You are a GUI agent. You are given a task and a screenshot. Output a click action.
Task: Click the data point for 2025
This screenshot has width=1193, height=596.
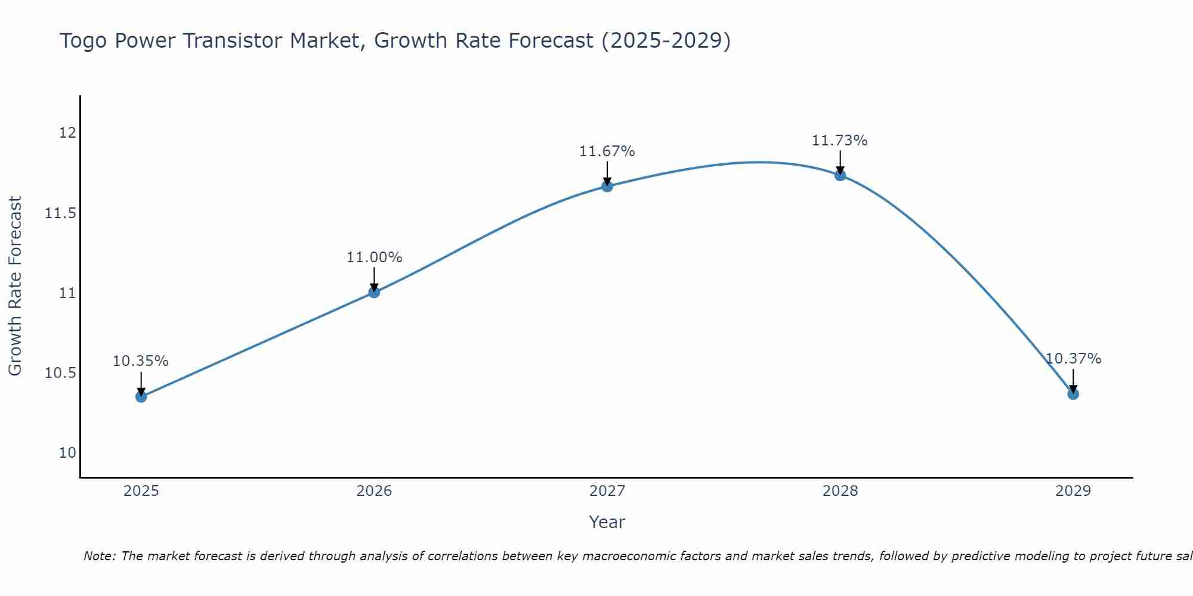point(141,396)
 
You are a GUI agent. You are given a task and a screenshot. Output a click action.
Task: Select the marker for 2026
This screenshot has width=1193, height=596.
point(374,292)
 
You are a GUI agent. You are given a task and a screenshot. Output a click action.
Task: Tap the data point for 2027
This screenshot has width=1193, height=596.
point(607,186)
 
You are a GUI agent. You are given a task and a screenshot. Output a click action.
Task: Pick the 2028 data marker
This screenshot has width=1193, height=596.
point(840,175)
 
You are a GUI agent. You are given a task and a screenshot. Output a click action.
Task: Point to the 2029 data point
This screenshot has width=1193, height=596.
point(1073,394)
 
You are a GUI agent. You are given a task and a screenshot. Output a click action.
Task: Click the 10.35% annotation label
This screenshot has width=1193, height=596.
point(141,361)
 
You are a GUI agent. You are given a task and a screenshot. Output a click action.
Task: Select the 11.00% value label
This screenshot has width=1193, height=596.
point(374,257)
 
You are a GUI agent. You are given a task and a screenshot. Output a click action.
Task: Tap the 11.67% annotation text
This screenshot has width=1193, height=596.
point(607,151)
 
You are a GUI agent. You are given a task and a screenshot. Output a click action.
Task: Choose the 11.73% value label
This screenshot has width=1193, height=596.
point(840,141)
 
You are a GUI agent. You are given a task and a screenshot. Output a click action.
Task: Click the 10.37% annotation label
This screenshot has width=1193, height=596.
point(1073,359)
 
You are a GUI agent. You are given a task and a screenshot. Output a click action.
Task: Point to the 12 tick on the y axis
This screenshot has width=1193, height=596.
point(67,132)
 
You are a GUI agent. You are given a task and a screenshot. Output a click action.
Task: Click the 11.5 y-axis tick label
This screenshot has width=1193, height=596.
point(60,213)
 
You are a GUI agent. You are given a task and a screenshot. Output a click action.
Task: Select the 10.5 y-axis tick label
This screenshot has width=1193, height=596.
point(60,373)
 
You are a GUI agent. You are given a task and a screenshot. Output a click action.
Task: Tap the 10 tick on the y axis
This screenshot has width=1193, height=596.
point(67,453)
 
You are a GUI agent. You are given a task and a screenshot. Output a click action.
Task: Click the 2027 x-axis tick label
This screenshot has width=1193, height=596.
point(607,491)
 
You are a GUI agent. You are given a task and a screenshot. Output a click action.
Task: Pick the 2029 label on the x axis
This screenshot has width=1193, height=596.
point(1073,491)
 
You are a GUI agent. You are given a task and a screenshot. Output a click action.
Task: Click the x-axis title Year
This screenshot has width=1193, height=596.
point(607,522)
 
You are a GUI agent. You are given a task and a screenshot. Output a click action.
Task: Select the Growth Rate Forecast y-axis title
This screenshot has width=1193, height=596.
point(15,286)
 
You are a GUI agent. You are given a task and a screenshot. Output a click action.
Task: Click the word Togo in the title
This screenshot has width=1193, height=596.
point(84,41)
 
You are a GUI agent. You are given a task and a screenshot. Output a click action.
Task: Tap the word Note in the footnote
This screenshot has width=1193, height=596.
point(95,556)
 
